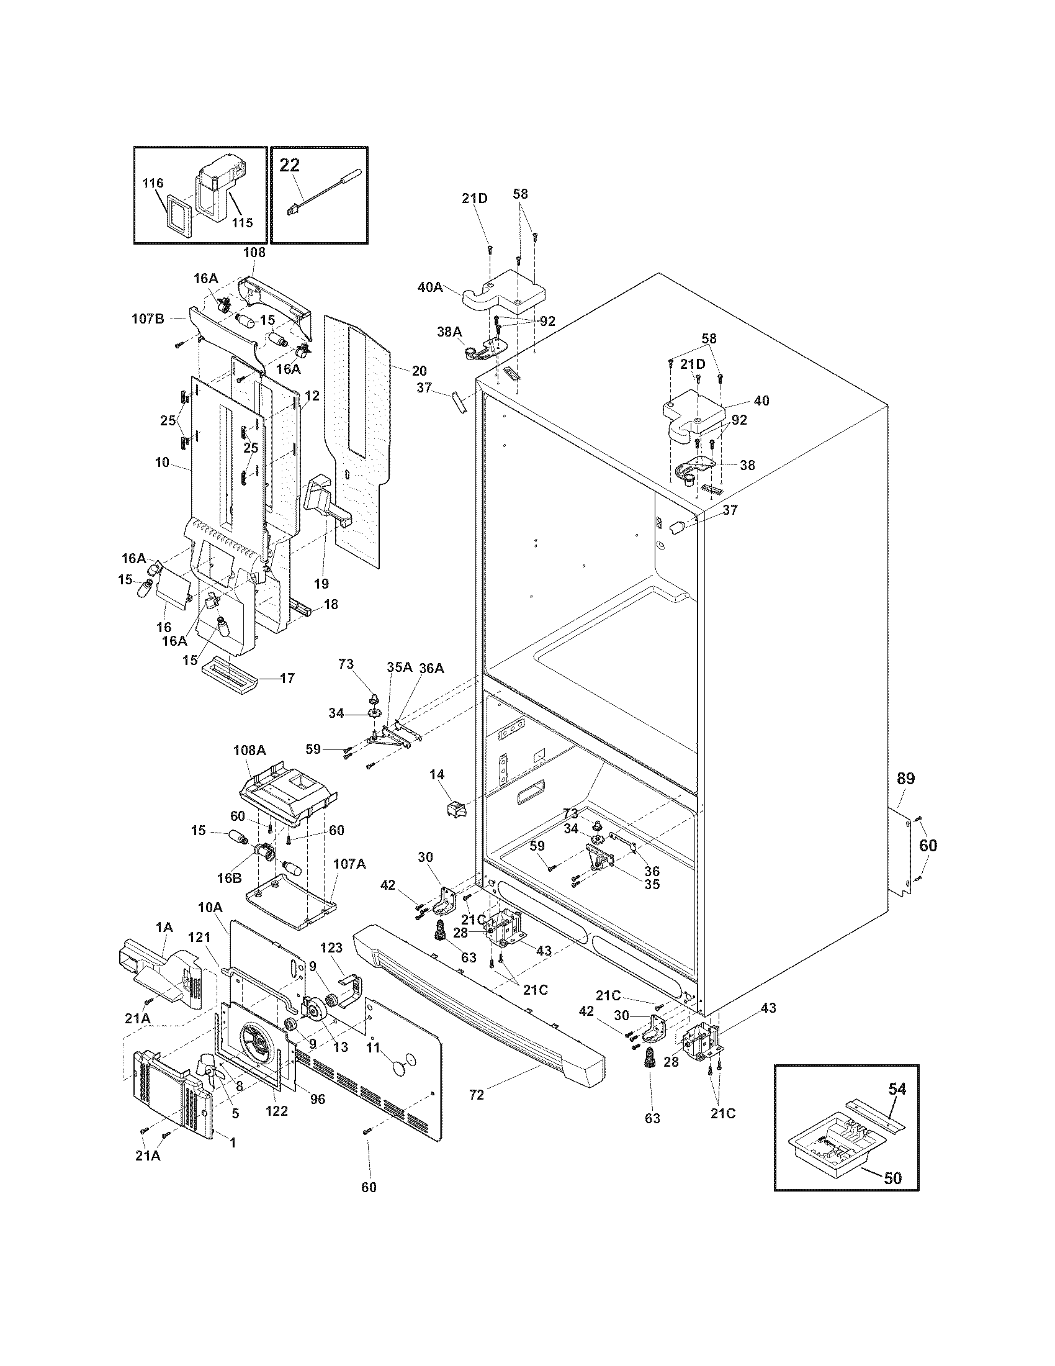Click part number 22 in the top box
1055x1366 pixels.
coord(289,165)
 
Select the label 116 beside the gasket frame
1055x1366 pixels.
coord(153,183)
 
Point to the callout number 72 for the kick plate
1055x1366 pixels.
coord(476,1095)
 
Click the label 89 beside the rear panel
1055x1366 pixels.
coord(905,779)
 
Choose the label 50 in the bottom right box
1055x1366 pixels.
coord(893,1178)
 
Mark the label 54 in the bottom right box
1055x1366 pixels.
coord(897,1089)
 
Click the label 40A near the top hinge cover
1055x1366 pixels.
coord(429,287)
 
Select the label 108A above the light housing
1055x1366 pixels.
coord(249,750)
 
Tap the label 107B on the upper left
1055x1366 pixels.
coord(148,319)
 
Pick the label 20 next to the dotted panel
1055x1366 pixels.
coord(419,370)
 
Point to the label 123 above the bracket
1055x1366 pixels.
coord(332,948)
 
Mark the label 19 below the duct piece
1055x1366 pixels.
coord(321,584)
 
